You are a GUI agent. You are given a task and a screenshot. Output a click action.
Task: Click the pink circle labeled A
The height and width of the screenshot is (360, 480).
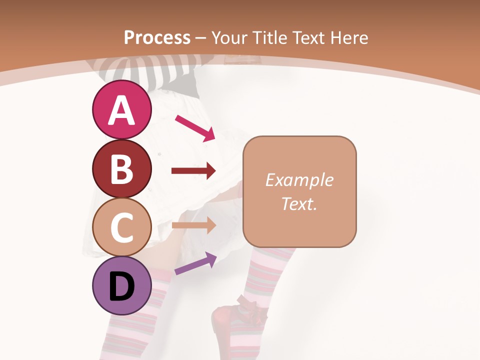pyautogui.click(x=121, y=110)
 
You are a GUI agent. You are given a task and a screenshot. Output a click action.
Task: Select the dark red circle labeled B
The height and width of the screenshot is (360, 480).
pyautogui.click(x=121, y=168)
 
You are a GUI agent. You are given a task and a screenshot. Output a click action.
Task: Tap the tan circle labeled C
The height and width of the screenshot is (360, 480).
pyautogui.click(x=121, y=227)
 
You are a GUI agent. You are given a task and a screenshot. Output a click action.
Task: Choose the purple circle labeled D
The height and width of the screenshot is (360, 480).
pyautogui.click(x=121, y=285)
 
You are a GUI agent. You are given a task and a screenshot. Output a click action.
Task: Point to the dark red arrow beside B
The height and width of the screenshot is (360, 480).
pyautogui.click(x=193, y=171)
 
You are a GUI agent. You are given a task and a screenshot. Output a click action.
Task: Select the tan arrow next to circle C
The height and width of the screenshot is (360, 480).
pyautogui.click(x=193, y=225)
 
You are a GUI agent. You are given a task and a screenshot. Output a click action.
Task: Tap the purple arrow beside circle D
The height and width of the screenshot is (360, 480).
pyautogui.click(x=195, y=264)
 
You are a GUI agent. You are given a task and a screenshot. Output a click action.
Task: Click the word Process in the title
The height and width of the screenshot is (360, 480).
pyautogui.click(x=157, y=37)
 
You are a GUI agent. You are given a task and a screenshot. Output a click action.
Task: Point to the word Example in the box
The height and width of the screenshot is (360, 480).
pyautogui.click(x=299, y=180)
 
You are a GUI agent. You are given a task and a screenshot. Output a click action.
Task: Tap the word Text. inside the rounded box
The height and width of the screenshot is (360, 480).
pyautogui.click(x=299, y=203)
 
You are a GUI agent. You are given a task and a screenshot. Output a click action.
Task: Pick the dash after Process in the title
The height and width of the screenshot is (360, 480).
pyautogui.click(x=201, y=38)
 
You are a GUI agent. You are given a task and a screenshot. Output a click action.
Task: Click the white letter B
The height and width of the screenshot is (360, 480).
pyautogui.click(x=121, y=168)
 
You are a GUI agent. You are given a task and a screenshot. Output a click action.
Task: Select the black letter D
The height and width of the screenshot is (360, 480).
pyautogui.click(x=121, y=285)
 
